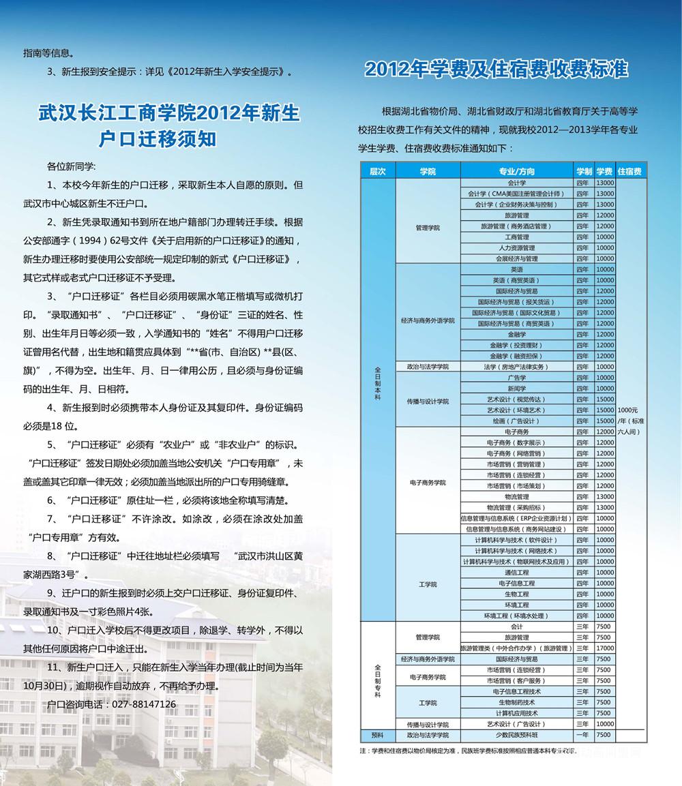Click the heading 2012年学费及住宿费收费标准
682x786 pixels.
(496, 70)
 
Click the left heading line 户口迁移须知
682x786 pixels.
(158, 139)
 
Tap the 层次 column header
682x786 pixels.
(377, 172)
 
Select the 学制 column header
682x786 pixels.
(583, 172)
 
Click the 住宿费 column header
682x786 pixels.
(629, 172)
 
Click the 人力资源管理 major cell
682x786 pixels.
(516, 248)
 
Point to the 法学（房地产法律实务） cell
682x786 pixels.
(516, 367)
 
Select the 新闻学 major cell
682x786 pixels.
(516, 388)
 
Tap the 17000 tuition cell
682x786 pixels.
(604, 648)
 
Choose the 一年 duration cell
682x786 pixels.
(582, 736)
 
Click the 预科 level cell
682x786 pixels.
(377, 736)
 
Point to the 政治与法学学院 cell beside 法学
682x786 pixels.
(428, 367)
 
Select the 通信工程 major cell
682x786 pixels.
(516, 573)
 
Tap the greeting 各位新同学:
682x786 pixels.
(72, 166)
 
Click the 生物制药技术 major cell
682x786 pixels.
(516, 702)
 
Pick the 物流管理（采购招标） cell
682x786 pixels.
(516, 507)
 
